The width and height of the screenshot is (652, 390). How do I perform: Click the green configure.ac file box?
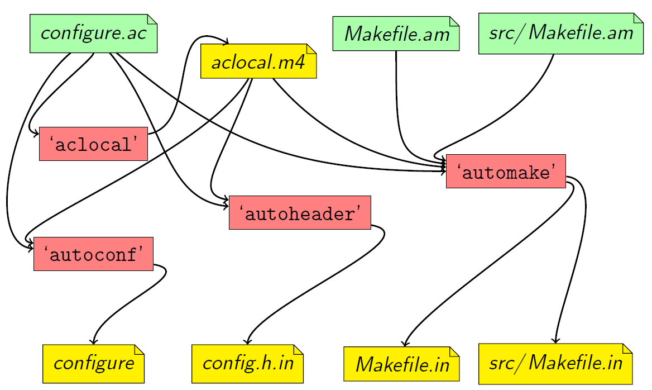tap(93, 34)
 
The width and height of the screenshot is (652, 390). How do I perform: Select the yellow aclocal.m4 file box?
tap(258, 61)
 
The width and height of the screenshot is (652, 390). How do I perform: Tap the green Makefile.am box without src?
tap(396, 34)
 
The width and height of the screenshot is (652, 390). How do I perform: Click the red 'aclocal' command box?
tap(93, 144)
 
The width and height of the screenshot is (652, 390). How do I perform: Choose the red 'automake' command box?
tap(506, 172)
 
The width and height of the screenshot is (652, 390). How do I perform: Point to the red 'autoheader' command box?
tap(300, 212)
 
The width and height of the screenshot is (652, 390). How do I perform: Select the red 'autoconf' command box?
tap(93, 254)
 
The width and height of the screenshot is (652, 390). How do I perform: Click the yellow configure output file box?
tap(93, 364)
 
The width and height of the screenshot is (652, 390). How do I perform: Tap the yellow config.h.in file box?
tap(247, 364)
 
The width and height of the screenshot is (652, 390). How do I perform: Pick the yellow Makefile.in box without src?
tap(402, 365)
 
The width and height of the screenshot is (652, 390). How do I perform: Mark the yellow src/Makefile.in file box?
tap(556, 364)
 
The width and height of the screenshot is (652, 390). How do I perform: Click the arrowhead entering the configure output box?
tap(93, 341)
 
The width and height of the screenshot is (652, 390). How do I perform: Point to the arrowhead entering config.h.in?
tap(247, 341)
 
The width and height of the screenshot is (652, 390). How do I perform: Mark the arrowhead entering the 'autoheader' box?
tap(226, 200)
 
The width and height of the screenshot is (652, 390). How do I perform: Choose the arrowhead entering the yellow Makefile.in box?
tap(405, 343)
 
